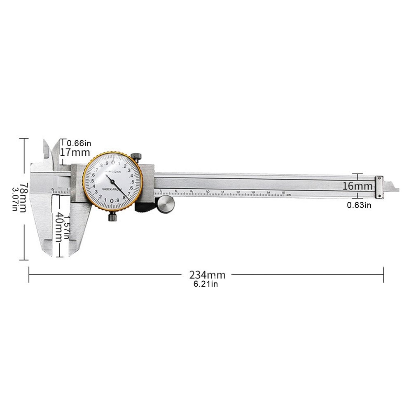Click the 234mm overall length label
click(x=207, y=274)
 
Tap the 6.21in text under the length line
click(x=205, y=284)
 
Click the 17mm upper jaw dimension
click(x=75, y=152)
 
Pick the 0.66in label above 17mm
click(x=79, y=143)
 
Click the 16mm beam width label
click(x=357, y=186)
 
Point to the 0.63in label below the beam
click(x=359, y=205)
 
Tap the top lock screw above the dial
click(x=136, y=157)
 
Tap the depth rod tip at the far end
click(x=396, y=190)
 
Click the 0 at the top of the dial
click(x=113, y=163)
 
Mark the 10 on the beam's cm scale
click(x=208, y=192)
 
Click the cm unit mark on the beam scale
click(x=289, y=194)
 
